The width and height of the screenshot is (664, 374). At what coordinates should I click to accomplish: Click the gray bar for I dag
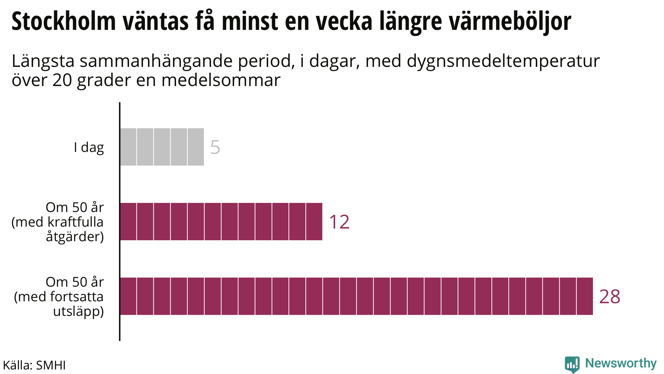tap(162, 147)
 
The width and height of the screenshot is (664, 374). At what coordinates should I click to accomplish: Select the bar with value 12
tap(221, 221)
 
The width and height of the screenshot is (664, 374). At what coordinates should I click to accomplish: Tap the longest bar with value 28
tap(356, 296)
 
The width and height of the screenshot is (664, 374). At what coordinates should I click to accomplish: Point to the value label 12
tap(339, 222)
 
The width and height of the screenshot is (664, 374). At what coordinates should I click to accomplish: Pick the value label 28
tap(610, 297)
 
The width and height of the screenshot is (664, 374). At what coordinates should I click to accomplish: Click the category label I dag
tap(89, 147)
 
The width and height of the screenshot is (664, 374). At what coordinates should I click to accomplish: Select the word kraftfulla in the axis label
tap(76, 222)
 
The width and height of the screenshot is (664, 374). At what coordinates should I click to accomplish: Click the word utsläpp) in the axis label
tap(78, 311)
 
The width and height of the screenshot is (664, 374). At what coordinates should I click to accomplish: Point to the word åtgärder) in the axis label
tap(75, 237)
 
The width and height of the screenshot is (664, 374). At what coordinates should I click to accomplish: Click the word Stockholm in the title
tap(64, 21)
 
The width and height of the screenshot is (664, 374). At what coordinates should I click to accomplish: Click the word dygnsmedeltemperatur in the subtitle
tap(503, 61)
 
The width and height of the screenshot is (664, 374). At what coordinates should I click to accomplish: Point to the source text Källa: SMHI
tap(34, 365)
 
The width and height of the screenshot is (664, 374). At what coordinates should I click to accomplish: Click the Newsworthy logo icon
tap(572, 364)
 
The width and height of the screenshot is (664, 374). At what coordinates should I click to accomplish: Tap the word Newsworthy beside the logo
tap(621, 363)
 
